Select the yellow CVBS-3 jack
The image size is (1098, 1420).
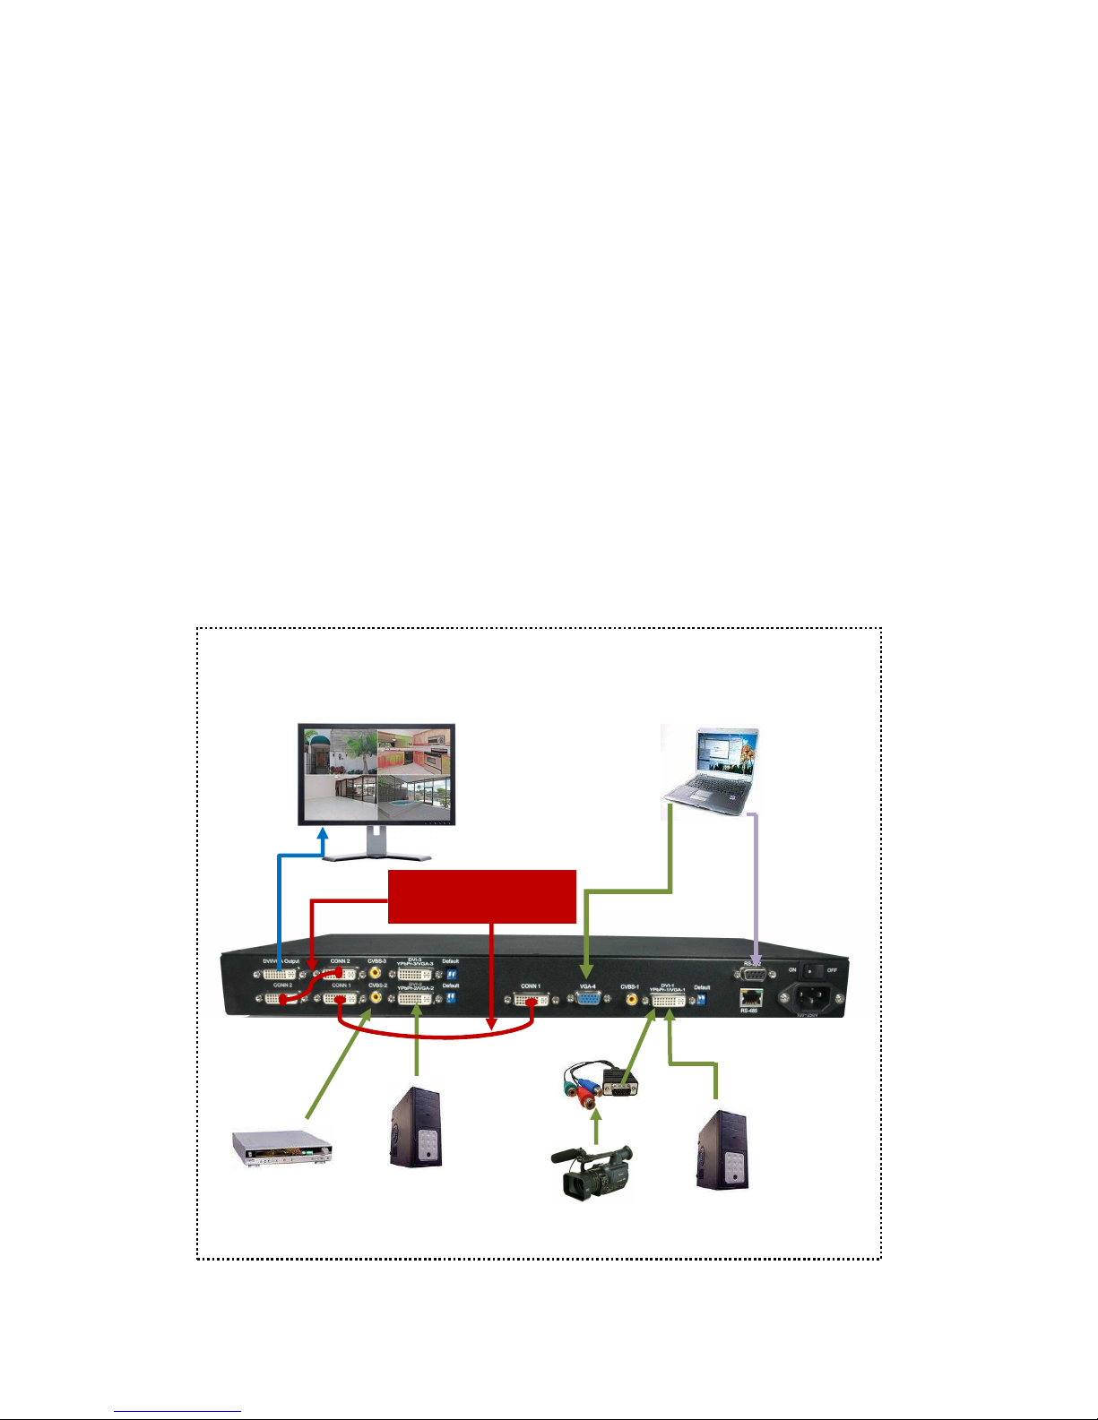coord(375,971)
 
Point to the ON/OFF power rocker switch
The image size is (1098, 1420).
coord(811,969)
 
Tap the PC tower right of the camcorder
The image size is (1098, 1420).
coord(722,1149)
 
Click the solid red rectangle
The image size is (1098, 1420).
coord(481,895)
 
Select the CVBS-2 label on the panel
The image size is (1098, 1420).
coord(376,985)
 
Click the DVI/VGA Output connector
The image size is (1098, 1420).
coord(280,974)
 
